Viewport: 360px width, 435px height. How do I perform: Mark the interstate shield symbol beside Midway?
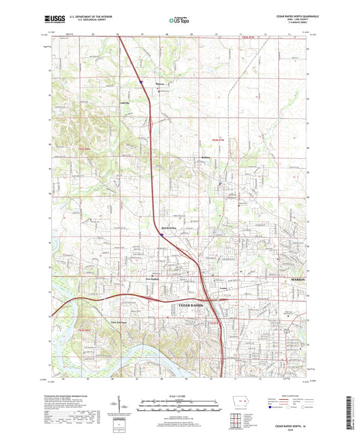142,82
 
